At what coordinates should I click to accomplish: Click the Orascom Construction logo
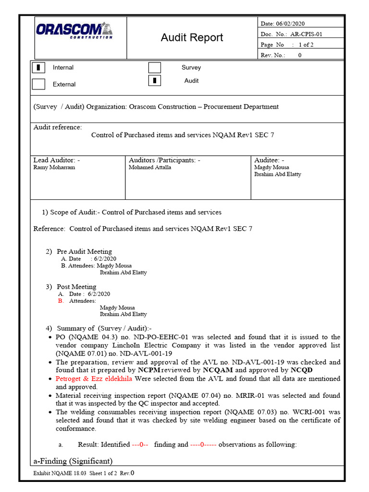click(74, 30)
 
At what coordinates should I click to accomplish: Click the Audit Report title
click(192, 37)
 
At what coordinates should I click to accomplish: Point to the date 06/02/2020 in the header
click(290, 24)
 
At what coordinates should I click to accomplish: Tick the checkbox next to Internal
click(38, 68)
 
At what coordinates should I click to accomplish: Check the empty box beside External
click(38, 84)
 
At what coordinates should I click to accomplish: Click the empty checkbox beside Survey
click(154, 68)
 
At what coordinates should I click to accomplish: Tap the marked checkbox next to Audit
click(154, 81)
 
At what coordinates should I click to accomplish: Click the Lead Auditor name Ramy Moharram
click(54, 168)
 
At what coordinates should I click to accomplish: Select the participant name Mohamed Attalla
click(149, 168)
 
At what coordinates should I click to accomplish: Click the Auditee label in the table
click(269, 160)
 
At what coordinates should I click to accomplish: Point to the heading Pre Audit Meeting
click(84, 251)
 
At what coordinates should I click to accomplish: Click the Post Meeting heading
click(76, 287)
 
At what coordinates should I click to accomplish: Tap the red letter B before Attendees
click(61, 301)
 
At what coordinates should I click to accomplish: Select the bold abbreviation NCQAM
click(218, 370)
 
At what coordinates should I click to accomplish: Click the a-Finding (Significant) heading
click(73, 461)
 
